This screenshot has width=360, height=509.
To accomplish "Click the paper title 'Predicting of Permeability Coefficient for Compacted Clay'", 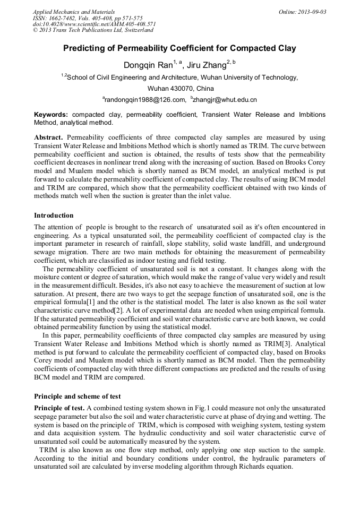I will [179, 48].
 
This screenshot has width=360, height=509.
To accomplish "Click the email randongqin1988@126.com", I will [144, 99].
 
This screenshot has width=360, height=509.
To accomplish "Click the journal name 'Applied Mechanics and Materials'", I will [74, 12].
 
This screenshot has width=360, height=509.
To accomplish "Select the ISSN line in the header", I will [88, 18].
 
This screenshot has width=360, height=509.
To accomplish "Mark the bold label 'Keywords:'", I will [51, 115].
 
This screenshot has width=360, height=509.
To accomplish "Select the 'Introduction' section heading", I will [54, 215].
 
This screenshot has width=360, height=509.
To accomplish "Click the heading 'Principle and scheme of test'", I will [77, 396].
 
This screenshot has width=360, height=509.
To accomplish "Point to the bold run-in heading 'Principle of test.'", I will [59, 408].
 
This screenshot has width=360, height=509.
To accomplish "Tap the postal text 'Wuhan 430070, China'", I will [181, 88].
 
